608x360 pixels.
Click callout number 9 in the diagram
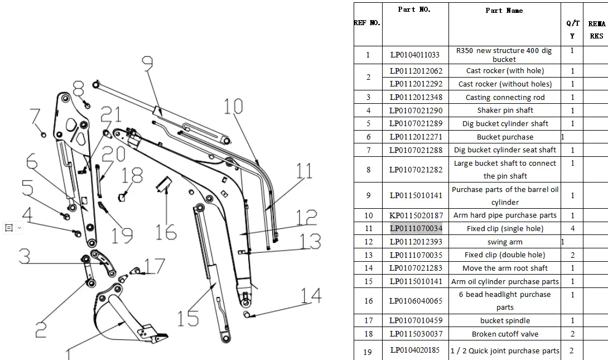(x=147, y=64)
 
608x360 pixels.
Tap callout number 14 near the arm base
(x=311, y=295)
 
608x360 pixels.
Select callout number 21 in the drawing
(x=111, y=114)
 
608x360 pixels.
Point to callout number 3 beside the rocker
(x=25, y=256)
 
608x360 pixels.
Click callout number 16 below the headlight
(x=166, y=232)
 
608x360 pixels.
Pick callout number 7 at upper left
(x=35, y=117)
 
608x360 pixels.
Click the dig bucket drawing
(x=129, y=315)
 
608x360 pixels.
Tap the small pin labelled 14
(x=246, y=314)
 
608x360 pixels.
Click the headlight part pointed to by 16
(x=163, y=184)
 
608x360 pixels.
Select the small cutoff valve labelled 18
(x=122, y=198)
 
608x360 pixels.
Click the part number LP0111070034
(x=416, y=228)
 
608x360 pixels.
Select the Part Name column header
(x=504, y=11)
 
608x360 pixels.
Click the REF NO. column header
(x=367, y=22)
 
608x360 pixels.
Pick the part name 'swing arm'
(x=505, y=242)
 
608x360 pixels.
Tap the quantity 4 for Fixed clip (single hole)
(x=572, y=228)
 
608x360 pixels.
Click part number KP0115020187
(x=416, y=215)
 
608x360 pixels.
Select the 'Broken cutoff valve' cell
(x=505, y=334)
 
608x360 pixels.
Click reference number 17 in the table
(x=368, y=321)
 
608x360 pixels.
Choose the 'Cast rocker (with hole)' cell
(x=505, y=70)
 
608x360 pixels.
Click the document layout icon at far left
(x=9, y=228)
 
